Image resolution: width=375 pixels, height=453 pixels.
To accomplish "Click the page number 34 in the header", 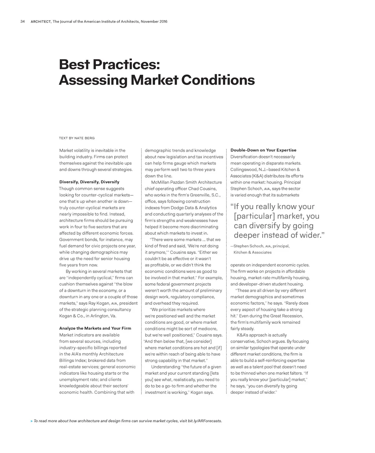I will pyautogui.click(x=22, y=22).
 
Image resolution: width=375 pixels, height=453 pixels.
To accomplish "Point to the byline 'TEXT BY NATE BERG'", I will pyautogui.click(x=77, y=138).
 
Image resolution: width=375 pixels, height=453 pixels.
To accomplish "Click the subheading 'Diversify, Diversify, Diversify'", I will pyautogui.click(x=89, y=182).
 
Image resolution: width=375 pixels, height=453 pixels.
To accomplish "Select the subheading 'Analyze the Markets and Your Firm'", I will pyautogui.click(x=95, y=328).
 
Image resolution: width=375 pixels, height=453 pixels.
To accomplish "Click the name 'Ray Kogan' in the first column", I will pyautogui.click(x=99, y=303).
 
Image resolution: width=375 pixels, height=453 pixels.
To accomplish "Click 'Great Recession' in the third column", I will pyautogui.click(x=287, y=316).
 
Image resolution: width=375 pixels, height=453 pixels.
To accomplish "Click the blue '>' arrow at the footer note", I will pyautogui.click(x=31, y=421).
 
